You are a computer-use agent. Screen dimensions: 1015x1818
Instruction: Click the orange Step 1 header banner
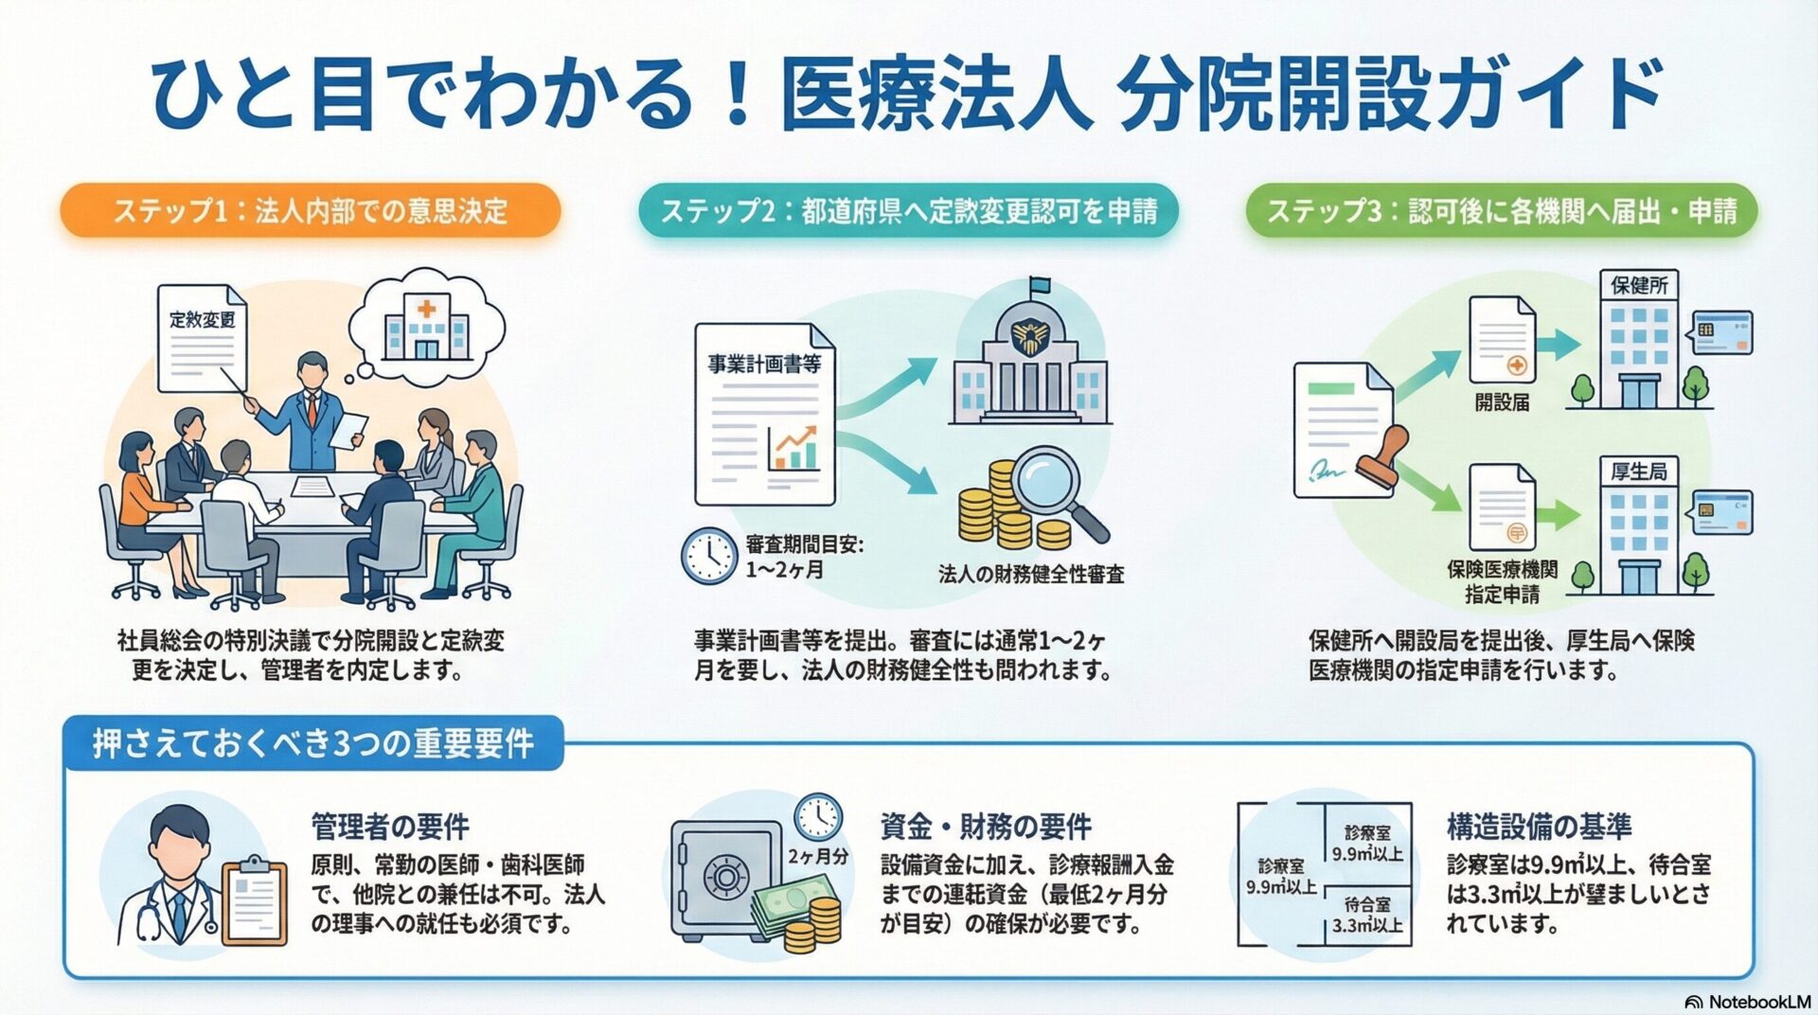click(x=310, y=210)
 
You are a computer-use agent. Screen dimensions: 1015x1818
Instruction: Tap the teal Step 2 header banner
click(x=908, y=210)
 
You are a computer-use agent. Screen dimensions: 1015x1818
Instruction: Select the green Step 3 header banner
click(x=1501, y=210)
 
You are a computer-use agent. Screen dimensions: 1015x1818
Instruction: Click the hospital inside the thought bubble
click(x=426, y=328)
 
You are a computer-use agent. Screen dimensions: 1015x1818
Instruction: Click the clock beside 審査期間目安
click(x=708, y=556)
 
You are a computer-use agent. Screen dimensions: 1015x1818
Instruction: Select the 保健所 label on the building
click(x=1639, y=285)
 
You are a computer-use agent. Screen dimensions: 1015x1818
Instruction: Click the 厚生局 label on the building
click(x=1639, y=471)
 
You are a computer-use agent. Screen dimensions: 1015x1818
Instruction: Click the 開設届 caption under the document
click(x=1502, y=402)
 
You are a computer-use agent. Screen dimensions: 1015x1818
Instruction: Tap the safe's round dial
click(x=725, y=877)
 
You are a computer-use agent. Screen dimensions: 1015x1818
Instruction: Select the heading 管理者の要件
click(x=390, y=827)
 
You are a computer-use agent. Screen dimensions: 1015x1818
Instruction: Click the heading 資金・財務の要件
click(x=986, y=827)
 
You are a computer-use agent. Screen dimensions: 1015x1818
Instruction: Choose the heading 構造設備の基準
click(x=1539, y=827)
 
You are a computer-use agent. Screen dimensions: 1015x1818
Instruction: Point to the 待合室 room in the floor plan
click(x=1366, y=915)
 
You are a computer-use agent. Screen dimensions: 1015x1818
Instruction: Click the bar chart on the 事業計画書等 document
click(x=793, y=451)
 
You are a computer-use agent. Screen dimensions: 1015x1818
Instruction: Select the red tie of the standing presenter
click(x=312, y=408)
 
